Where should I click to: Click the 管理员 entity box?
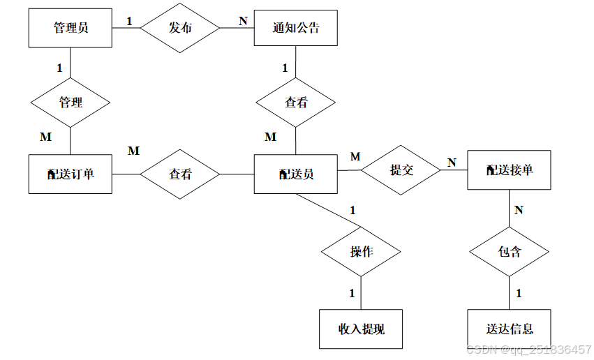70,28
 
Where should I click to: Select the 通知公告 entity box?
296,28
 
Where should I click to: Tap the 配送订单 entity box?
70,174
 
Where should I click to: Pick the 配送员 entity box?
296,174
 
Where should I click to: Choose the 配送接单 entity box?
509,170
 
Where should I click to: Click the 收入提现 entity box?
361,329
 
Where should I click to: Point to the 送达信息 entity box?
509,329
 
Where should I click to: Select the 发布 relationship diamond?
180,28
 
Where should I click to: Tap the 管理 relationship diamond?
70,103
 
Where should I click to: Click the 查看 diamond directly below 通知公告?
296,103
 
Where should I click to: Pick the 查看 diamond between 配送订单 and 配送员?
180,174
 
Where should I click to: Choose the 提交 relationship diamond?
401,170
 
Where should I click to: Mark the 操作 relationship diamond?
361,252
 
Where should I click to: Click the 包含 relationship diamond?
509,252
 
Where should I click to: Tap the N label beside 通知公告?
243,20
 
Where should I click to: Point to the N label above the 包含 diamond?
519,210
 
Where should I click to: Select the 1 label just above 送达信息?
519,294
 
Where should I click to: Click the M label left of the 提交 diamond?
355,157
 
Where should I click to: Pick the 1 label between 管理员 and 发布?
129,21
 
